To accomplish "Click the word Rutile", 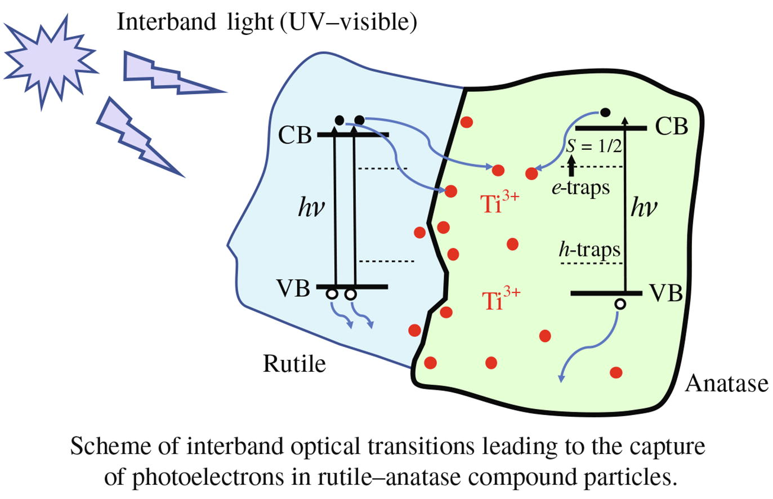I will pos(294,363).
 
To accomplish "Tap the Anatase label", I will pos(726,384).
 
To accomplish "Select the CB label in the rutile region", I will pos(295,135).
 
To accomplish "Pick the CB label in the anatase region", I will pos(671,127).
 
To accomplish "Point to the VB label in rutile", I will pos(293,288).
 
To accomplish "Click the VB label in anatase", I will pos(666,293).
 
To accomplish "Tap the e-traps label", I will pos(580,188).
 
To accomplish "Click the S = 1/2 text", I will pos(594,147).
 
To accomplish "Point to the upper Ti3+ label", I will pos(501,203).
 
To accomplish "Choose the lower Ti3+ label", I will pos(501,300).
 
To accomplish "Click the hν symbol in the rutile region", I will pos(311,208).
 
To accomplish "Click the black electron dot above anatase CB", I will pos(605,113).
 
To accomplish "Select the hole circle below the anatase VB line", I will pos(620,304).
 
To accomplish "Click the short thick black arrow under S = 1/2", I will pos(572,166).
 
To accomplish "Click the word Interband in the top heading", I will pos(166,22).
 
